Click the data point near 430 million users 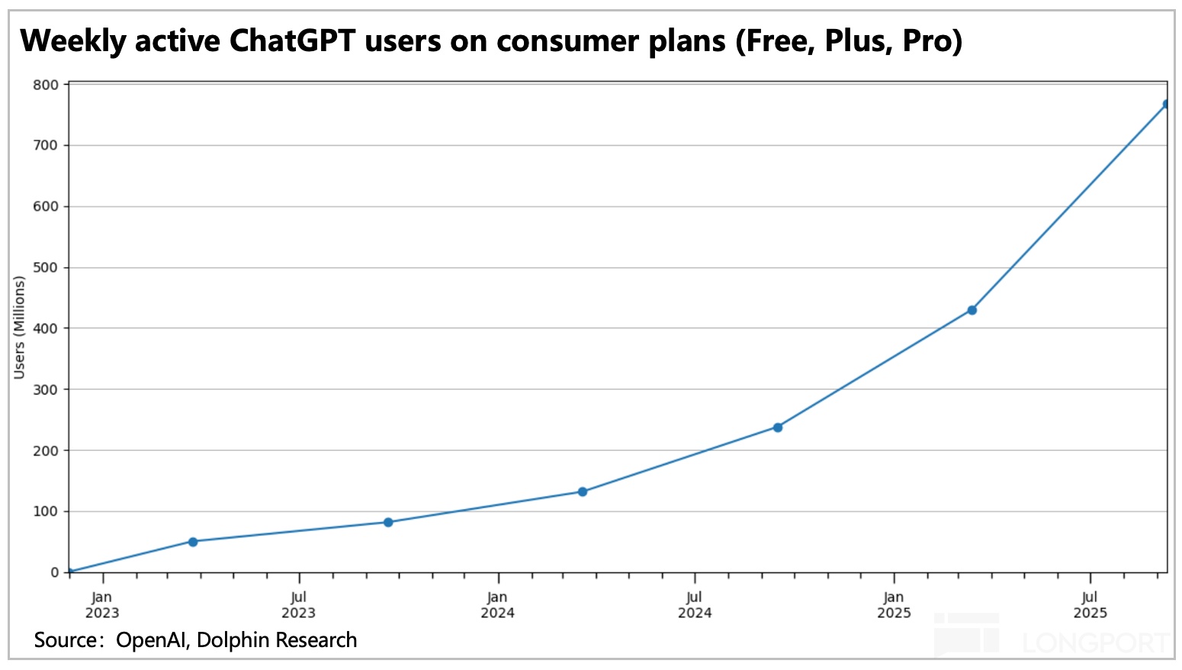click(x=972, y=310)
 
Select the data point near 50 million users click(x=193, y=542)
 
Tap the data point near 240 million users click(x=777, y=427)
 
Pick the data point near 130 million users click(x=583, y=492)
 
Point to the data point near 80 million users click(x=388, y=522)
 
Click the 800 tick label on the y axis click(x=46, y=85)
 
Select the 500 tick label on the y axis click(x=46, y=268)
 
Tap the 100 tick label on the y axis click(x=46, y=511)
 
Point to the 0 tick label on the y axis click(x=54, y=572)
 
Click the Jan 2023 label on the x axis click(x=101, y=605)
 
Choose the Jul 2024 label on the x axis click(x=694, y=605)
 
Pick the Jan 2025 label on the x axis click(x=894, y=605)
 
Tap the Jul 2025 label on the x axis click(x=1090, y=605)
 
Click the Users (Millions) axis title click(x=20, y=327)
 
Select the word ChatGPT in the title click(x=293, y=40)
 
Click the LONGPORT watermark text click(x=1095, y=643)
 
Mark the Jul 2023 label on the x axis click(x=298, y=605)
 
